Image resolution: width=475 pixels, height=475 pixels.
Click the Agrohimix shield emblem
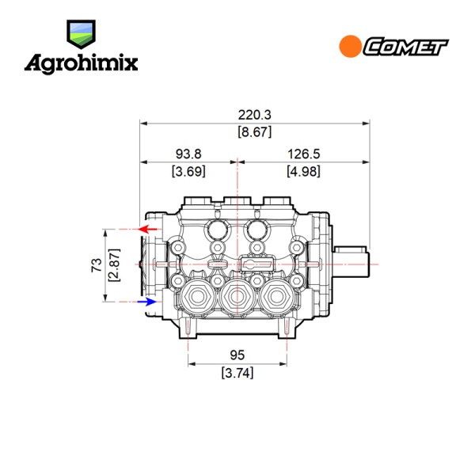pyautogui.click(x=82, y=34)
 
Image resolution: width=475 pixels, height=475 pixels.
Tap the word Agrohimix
pyautogui.click(x=82, y=64)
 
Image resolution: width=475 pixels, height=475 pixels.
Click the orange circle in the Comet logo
pyautogui.click(x=350, y=47)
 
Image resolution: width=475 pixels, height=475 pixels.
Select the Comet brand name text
pyautogui.click(x=406, y=47)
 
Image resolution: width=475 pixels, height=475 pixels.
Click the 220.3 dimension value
pyautogui.click(x=254, y=115)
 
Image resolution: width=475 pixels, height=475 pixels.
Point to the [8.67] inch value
pyautogui.click(x=254, y=131)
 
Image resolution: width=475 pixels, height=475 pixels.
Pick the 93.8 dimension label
pyautogui.click(x=188, y=154)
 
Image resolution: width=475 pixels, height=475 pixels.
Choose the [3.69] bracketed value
pyautogui.click(x=188, y=171)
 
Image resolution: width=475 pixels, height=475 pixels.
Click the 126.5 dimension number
pyautogui.click(x=303, y=154)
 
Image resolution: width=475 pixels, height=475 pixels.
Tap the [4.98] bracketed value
pyautogui.click(x=303, y=171)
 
